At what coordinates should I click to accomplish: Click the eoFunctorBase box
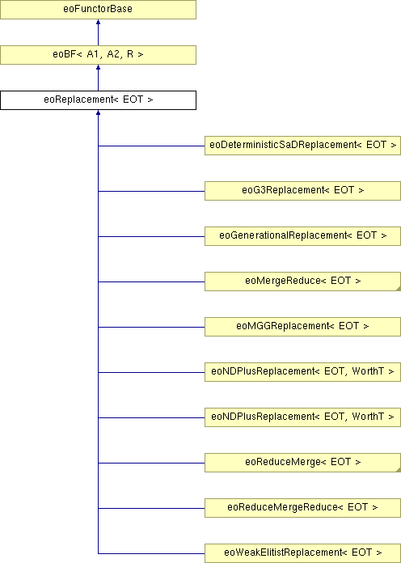[98, 10]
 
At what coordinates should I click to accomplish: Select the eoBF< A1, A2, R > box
[98, 55]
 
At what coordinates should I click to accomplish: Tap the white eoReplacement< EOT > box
[98, 100]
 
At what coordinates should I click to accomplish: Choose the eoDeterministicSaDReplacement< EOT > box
[302, 146]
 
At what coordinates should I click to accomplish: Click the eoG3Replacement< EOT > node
[302, 191]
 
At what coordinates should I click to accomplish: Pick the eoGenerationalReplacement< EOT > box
[302, 236]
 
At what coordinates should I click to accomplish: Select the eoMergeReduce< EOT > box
[302, 281]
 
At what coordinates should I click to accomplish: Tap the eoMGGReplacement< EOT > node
[302, 326]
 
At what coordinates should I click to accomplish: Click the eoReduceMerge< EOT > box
[302, 463]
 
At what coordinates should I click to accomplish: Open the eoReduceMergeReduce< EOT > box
[302, 508]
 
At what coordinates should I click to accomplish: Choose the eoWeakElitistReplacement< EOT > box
[302, 553]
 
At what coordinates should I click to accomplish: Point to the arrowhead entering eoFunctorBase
[98, 22]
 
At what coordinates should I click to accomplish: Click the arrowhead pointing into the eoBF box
[98, 67]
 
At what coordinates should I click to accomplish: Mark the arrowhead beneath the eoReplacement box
[98, 112]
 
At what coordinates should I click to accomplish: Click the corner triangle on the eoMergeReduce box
[399, 289]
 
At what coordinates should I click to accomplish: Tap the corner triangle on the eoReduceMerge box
[399, 470]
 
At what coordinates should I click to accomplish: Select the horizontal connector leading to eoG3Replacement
[151, 191]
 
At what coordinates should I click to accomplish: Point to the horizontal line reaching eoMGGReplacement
[151, 327]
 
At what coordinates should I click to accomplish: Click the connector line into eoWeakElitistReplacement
[151, 553]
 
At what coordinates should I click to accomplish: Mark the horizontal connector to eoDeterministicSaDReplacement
[151, 146]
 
